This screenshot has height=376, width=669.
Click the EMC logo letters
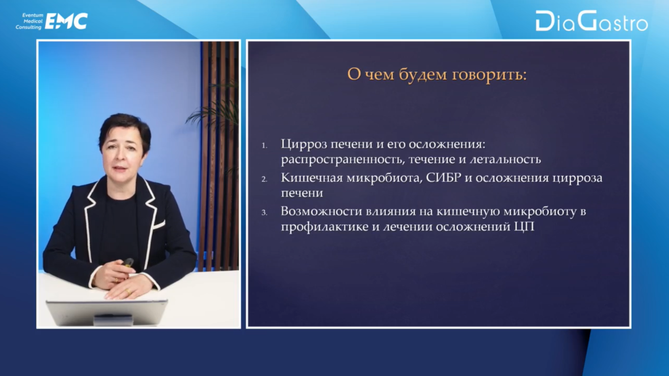66,21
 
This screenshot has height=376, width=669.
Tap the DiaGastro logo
592,21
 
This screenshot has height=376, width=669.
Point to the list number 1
264,146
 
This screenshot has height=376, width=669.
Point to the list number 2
264,179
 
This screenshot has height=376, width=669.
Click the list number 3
264,213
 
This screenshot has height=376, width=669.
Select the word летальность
505,160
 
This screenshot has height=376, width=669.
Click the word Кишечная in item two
312,178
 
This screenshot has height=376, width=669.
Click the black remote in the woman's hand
128,263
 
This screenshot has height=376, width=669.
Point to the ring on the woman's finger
128,291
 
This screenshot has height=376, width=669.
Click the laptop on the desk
107,312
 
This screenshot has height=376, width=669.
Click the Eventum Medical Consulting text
29,21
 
